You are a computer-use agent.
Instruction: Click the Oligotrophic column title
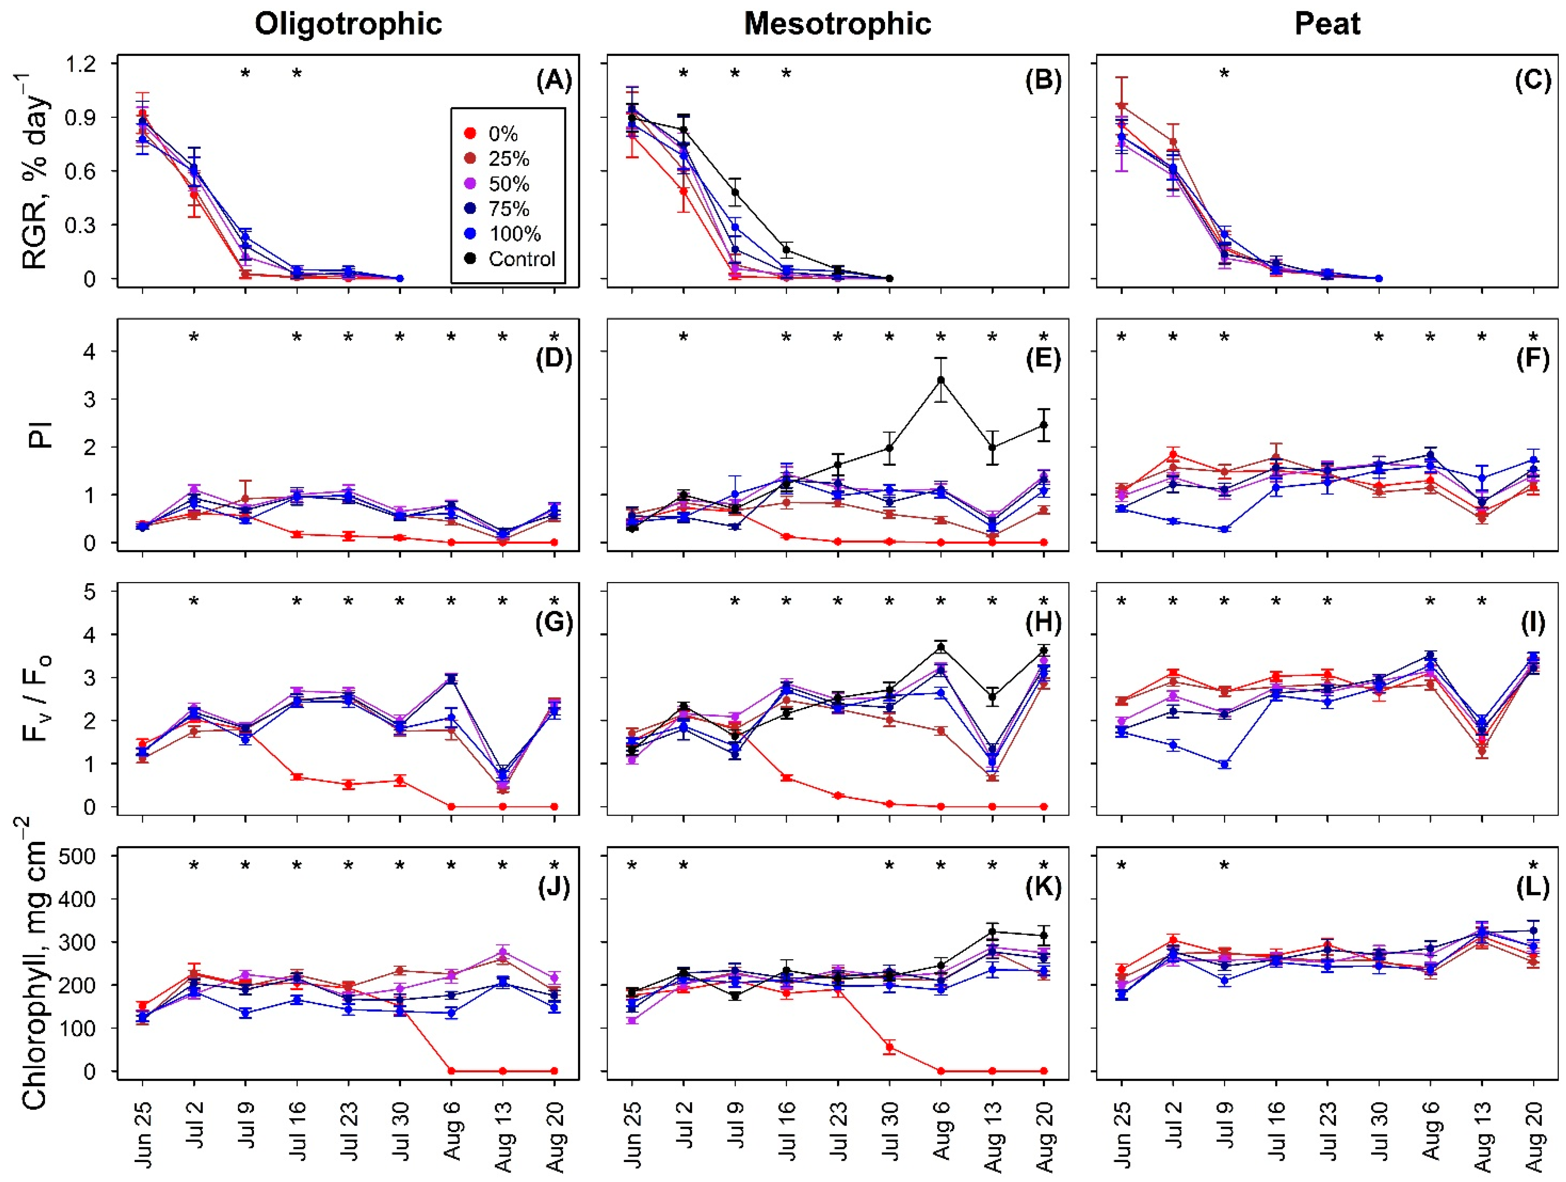click(x=348, y=24)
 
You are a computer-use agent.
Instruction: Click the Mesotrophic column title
click(x=837, y=24)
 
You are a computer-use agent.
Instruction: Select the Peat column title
click(x=1327, y=24)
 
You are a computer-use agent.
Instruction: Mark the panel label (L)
click(x=1533, y=886)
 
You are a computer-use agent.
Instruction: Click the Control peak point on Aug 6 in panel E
click(x=941, y=380)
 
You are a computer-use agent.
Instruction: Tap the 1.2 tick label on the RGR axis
click(x=81, y=64)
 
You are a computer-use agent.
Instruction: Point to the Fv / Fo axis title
click(x=37, y=697)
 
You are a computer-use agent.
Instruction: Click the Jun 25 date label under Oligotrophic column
click(x=144, y=1133)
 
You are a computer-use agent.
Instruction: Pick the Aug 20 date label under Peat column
click(x=1534, y=1136)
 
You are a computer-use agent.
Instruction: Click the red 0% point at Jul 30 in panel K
click(x=890, y=1047)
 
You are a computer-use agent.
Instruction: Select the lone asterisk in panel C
click(x=1224, y=73)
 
